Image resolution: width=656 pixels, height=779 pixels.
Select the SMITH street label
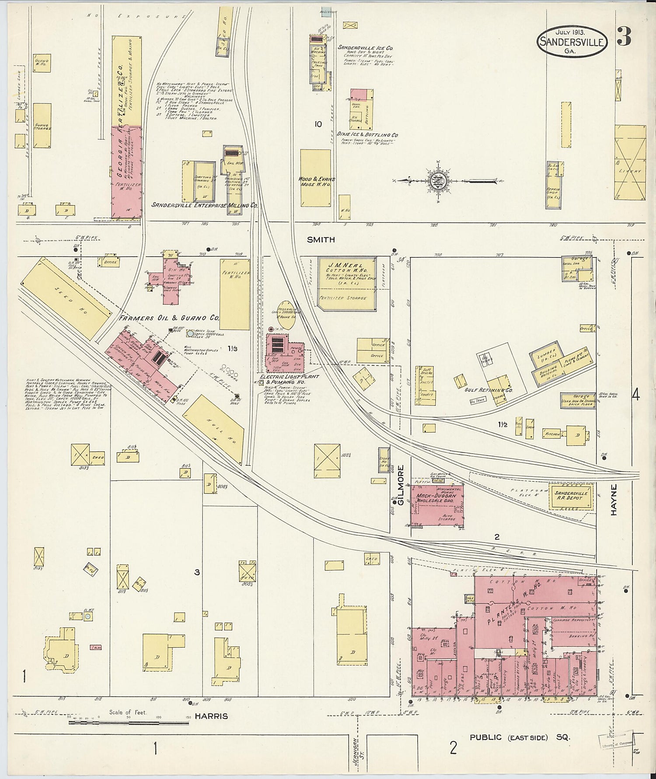[x=321, y=240]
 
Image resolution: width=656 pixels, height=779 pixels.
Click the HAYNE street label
[x=614, y=499]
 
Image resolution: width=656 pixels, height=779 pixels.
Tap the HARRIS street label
[x=211, y=716]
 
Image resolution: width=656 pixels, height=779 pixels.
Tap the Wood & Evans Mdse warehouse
[x=316, y=178]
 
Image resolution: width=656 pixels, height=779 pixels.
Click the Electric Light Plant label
[x=289, y=377]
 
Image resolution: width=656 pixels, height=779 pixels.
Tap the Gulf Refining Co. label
[x=491, y=390]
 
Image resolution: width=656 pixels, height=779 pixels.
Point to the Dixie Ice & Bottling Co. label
[x=367, y=135]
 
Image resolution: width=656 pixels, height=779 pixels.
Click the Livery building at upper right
[x=630, y=162]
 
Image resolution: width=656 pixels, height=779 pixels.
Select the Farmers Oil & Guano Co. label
[x=168, y=318]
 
